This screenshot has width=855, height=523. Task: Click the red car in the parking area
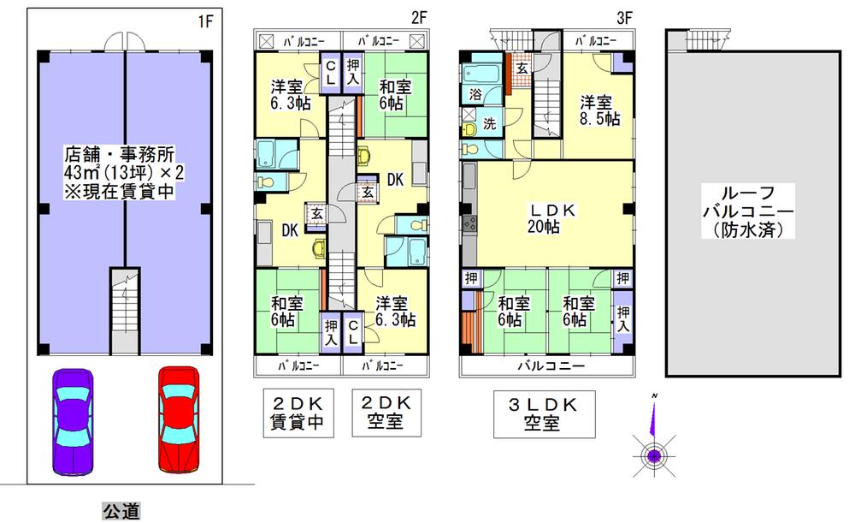[x=180, y=419]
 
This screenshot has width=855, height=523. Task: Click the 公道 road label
[x=121, y=511]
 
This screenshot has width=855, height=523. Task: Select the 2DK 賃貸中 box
[x=298, y=413]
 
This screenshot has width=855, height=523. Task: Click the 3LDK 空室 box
[x=543, y=413]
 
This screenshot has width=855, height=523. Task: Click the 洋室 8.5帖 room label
[x=598, y=110]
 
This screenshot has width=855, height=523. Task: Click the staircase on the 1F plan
[x=124, y=312]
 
